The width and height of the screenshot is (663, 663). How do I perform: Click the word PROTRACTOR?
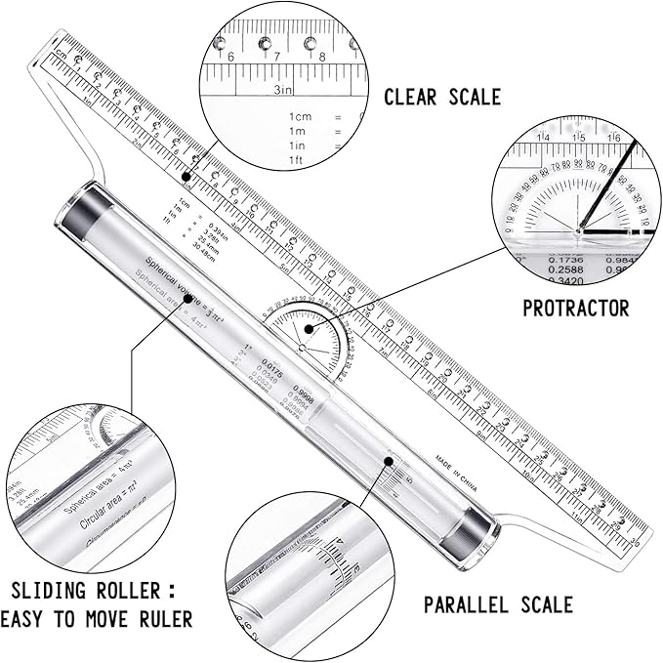pyautogui.click(x=575, y=309)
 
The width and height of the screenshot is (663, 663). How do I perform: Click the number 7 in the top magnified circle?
pyautogui.click(x=276, y=56)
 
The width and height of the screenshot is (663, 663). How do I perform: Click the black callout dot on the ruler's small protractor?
pyautogui.click(x=308, y=329)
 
